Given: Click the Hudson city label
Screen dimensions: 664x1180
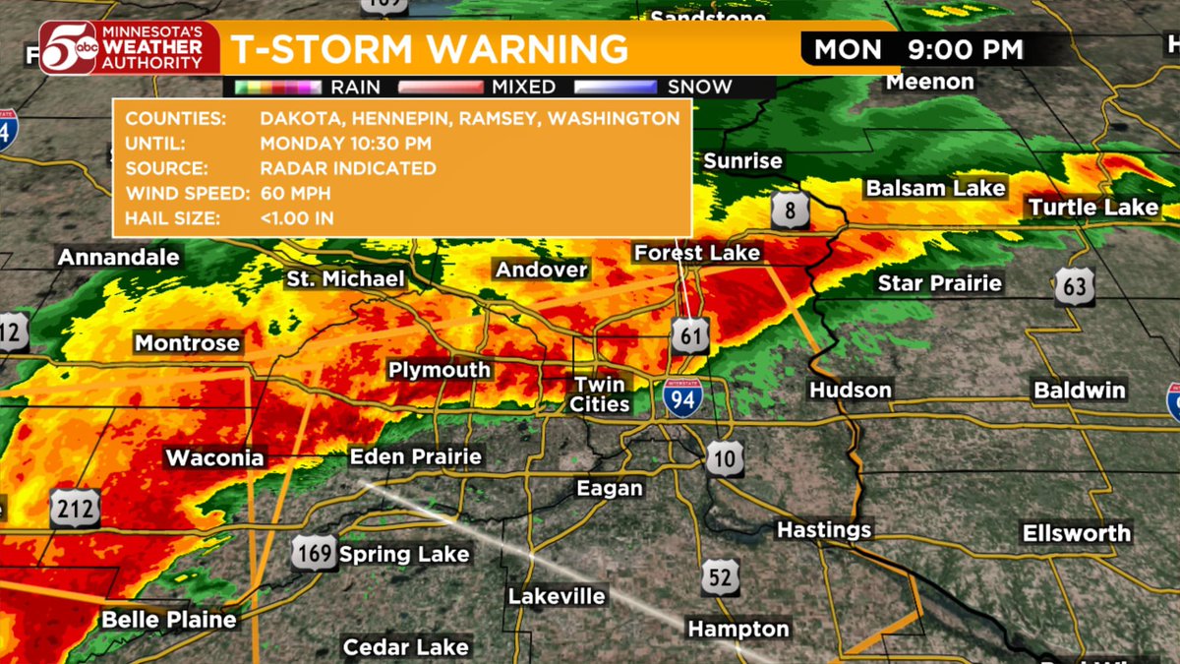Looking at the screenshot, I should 851,391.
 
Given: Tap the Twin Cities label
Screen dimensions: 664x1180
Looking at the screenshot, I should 601,394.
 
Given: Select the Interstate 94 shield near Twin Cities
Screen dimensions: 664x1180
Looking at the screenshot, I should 682,396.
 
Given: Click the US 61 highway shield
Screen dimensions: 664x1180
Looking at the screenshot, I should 690,335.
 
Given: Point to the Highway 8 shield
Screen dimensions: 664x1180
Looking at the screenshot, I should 791,211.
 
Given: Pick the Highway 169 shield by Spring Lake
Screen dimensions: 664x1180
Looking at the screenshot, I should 314,554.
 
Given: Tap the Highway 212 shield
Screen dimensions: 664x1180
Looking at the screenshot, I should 76,508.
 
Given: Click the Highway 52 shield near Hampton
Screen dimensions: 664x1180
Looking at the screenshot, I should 721,576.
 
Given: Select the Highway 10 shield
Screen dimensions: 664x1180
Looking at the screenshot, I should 724,458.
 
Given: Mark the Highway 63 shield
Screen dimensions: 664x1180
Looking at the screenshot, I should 1074,287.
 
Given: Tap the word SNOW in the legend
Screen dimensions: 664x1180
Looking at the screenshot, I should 699,87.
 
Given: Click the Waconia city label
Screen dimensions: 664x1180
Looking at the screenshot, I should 214,458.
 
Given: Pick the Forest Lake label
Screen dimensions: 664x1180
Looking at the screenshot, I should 697,253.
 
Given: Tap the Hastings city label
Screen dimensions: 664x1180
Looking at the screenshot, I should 824,530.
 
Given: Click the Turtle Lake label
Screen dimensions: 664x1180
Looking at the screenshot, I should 1093,208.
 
